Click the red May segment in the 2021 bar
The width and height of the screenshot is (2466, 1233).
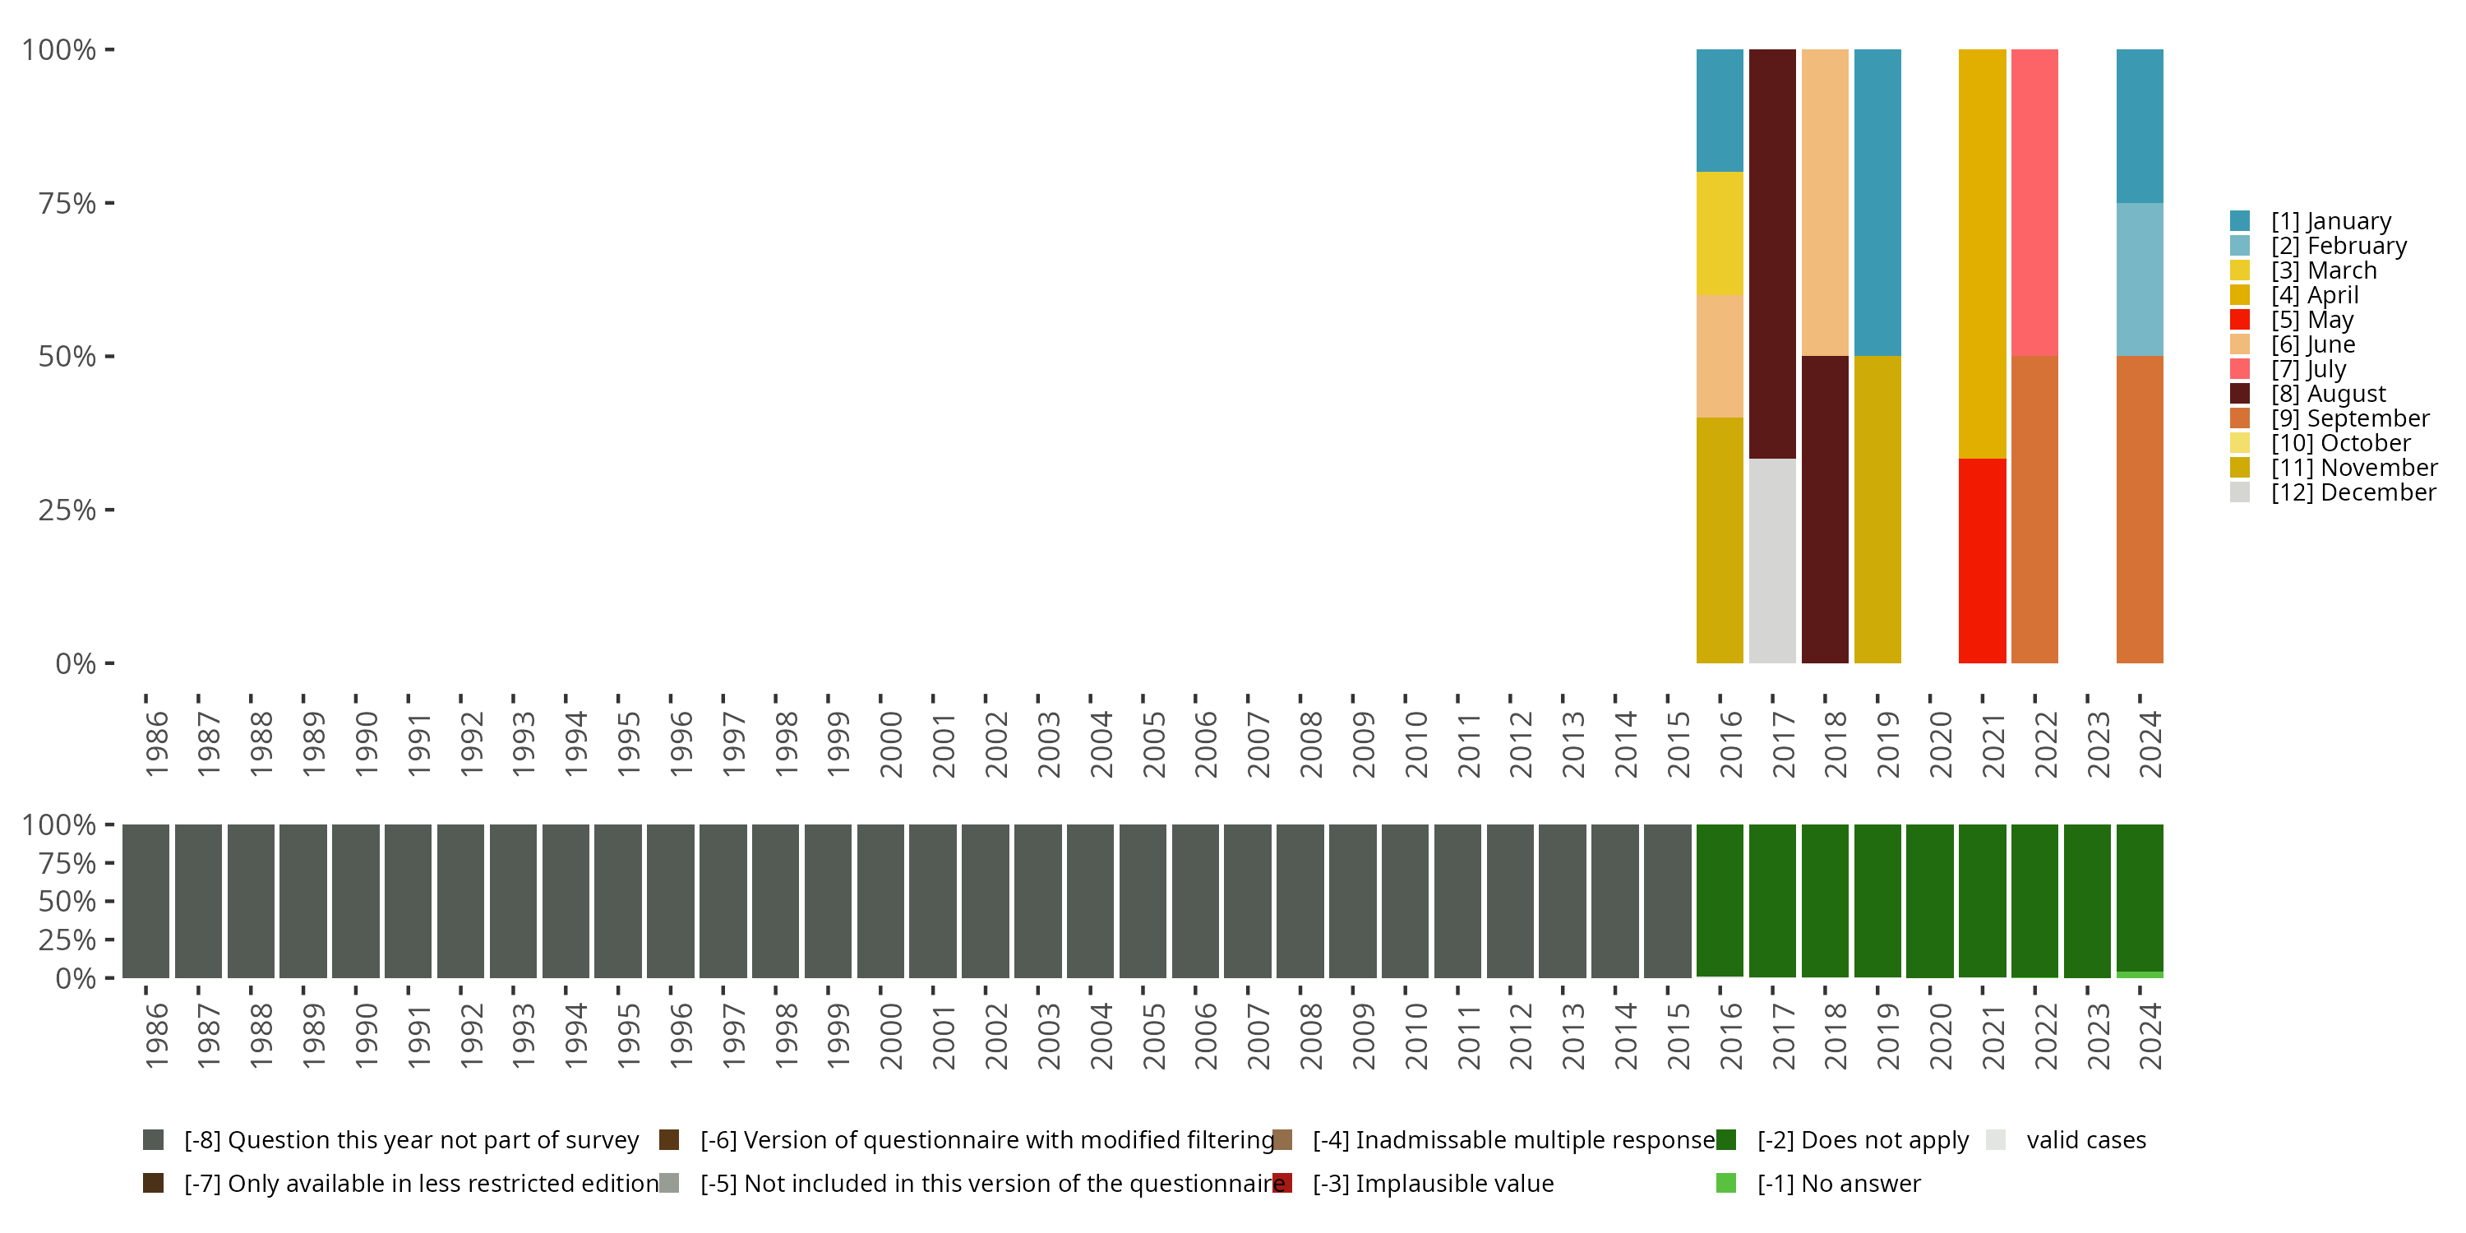click(x=1982, y=561)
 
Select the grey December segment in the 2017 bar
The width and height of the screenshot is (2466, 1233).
click(x=1772, y=561)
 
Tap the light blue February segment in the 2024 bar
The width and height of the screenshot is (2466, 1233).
click(x=2140, y=279)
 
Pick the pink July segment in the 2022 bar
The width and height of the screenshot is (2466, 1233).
click(x=2034, y=202)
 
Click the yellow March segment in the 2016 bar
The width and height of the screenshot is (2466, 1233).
click(x=1720, y=233)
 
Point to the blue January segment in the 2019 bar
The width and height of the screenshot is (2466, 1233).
click(x=1877, y=202)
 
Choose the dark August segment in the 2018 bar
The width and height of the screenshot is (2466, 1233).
click(x=1825, y=510)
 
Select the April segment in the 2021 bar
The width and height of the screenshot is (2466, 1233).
click(x=1982, y=254)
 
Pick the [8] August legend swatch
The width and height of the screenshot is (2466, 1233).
click(x=2239, y=394)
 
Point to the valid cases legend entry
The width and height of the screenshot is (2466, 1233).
click(x=2085, y=1140)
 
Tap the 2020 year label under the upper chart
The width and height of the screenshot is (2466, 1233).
click(x=1941, y=745)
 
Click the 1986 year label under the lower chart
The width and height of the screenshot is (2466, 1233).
click(x=156, y=1037)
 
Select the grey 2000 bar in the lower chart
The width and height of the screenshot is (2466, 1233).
click(x=880, y=901)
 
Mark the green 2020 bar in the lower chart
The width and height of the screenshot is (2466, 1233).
click(x=1929, y=901)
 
